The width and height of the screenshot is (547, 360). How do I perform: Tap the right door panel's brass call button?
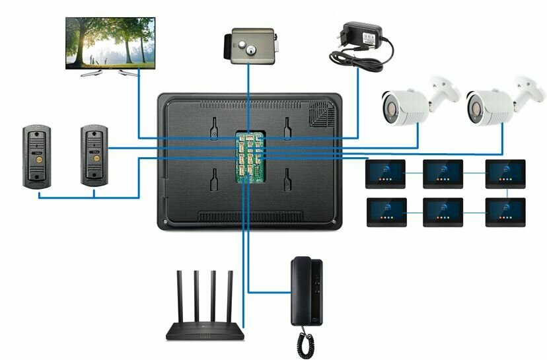tap(95, 159)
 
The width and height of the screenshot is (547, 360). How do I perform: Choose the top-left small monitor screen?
tap(384, 173)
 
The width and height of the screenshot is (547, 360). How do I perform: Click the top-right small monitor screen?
tap(505, 173)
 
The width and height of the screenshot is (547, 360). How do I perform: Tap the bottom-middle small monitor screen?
tap(443, 211)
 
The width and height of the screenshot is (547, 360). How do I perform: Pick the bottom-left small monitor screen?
tap(384, 211)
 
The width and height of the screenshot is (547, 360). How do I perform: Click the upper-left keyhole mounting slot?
tap(214, 128)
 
